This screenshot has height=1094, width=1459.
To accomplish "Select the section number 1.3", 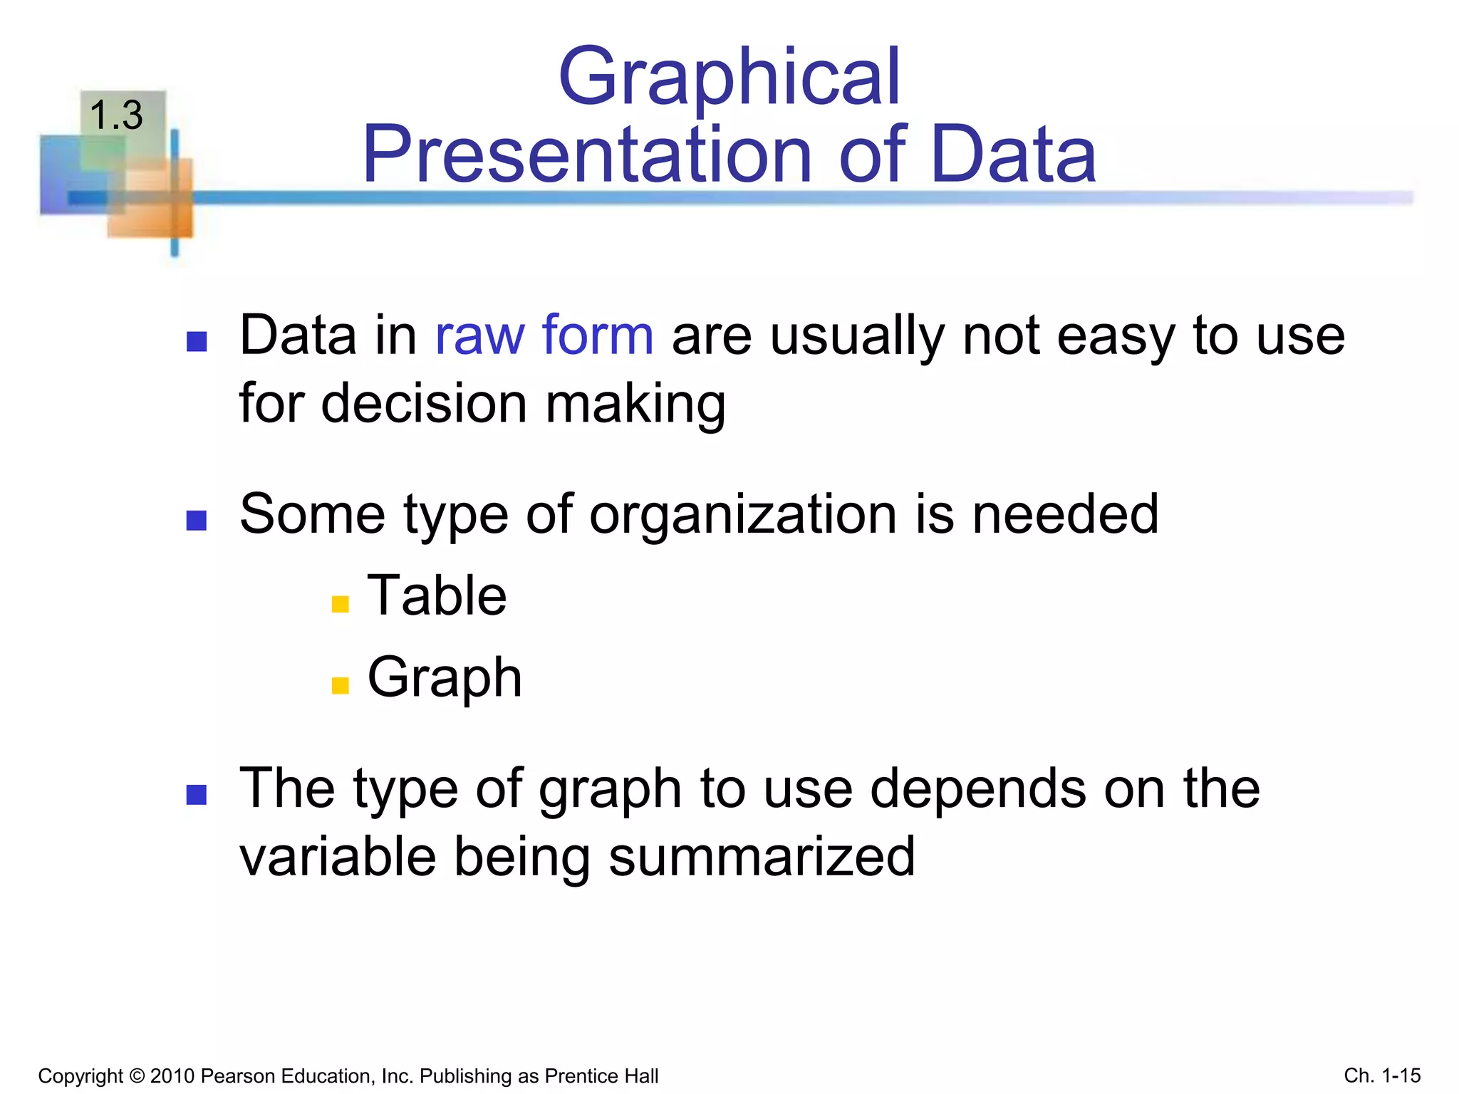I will [116, 115].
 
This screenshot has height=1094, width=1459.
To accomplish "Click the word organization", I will [742, 514].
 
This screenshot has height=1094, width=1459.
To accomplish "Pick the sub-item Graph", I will [445, 677].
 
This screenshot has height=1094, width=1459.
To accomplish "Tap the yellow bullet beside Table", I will [341, 604].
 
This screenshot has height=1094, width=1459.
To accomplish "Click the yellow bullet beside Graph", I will [341, 685].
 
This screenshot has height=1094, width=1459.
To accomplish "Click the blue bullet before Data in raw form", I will [196, 342].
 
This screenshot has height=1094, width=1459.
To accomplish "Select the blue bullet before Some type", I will [196, 521].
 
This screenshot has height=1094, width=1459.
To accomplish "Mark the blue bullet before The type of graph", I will [196, 794].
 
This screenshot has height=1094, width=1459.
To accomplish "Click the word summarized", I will [762, 856].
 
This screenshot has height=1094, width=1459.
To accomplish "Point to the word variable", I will [337, 856].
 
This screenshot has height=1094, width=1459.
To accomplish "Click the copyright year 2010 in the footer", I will [172, 1075].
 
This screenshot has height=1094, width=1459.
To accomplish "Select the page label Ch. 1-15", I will [1382, 1075].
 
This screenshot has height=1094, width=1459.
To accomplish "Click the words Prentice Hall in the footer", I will [601, 1075].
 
